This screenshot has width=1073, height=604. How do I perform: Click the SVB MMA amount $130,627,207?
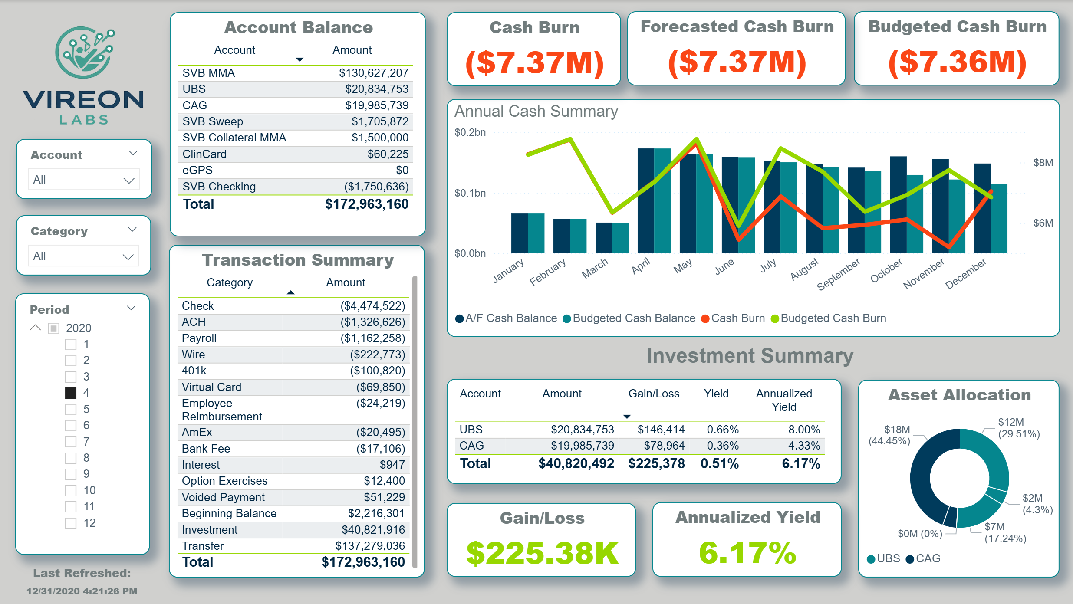click(374, 73)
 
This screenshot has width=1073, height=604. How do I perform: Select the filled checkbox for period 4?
click(71, 393)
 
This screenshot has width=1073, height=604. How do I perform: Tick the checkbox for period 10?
click(71, 491)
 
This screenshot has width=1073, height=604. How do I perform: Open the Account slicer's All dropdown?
click(84, 180)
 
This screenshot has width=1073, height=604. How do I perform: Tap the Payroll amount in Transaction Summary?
click(372, 338)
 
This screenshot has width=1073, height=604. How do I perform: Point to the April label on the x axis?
click(641, 266)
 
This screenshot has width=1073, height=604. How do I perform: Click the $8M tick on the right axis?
click(1043, 163)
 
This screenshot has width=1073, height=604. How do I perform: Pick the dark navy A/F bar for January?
click(520, 233)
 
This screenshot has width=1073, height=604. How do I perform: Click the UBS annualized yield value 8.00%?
click(804, 430)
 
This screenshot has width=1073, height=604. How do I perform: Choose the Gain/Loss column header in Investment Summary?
click(654, 394)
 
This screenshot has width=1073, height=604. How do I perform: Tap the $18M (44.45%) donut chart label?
click(889, 435)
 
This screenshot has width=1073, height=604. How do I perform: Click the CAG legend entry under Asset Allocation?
click(923, 559)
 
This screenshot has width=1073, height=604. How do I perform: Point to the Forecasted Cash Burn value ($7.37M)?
click(737, 62)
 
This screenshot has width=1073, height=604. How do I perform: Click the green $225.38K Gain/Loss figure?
click(542, 553)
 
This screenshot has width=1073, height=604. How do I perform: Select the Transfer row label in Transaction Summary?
click(203, 546)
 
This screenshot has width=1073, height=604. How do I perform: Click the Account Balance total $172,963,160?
click(367, 204)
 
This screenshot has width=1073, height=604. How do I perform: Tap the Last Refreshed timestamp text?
click(82, 591)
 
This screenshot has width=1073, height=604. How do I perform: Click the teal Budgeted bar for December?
click(999, 218)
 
